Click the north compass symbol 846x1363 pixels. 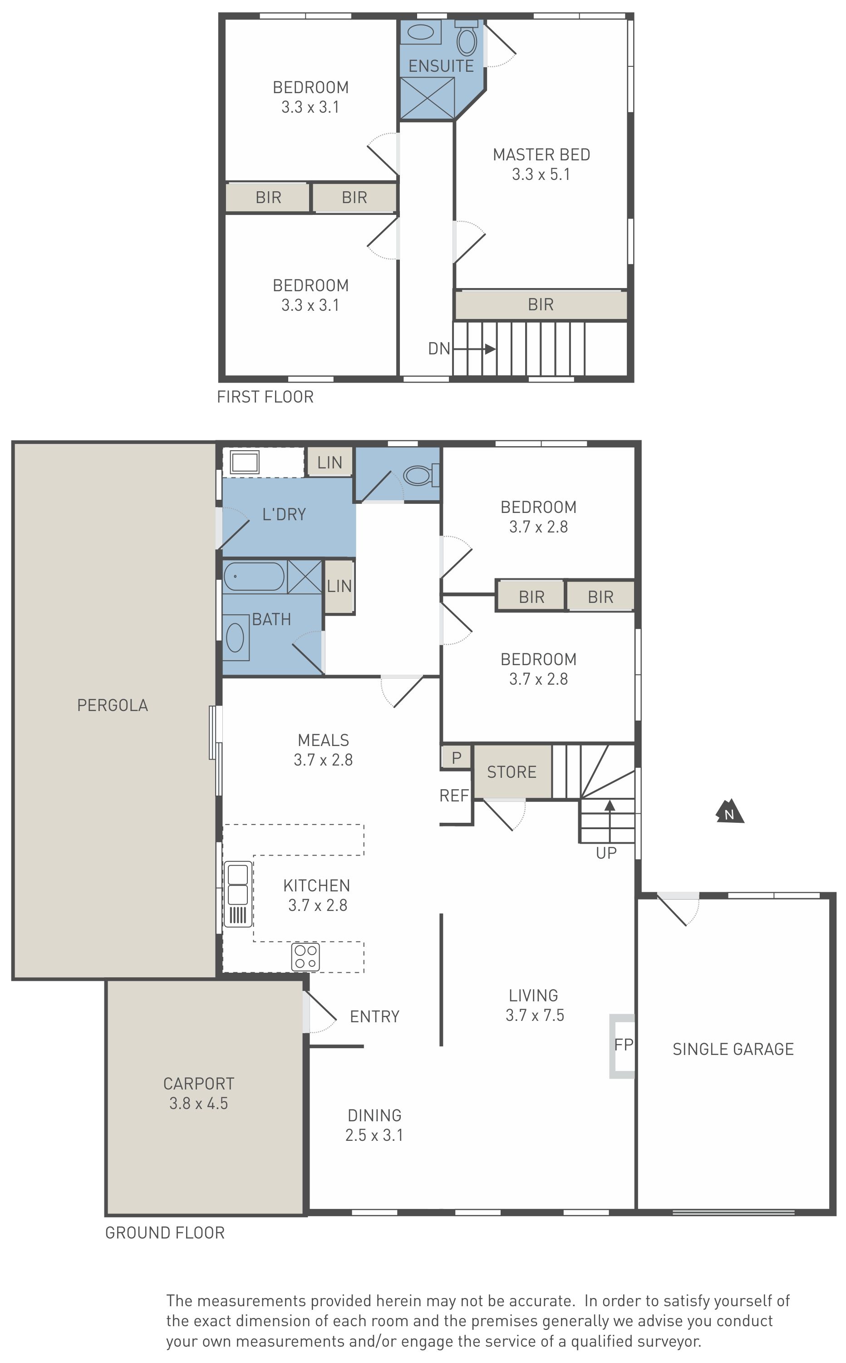pos(730,811)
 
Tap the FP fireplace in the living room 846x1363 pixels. pos(622,1045)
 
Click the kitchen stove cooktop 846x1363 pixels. pos(305,956)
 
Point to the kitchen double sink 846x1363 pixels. pos(238,894)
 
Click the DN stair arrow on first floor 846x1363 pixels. pos(474,349)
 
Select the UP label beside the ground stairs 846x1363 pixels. pos(606,853)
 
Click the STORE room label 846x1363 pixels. pos(512,772)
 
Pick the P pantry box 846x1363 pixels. pos(457,758)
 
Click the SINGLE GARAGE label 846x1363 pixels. pos(733,1050)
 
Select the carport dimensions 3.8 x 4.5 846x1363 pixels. pos(199,1103)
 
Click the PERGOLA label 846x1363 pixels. pos(113,705)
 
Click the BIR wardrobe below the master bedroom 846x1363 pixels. pos(541,305)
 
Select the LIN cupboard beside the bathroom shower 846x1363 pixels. pos(339,586)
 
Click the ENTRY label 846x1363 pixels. pos(374,1016)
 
